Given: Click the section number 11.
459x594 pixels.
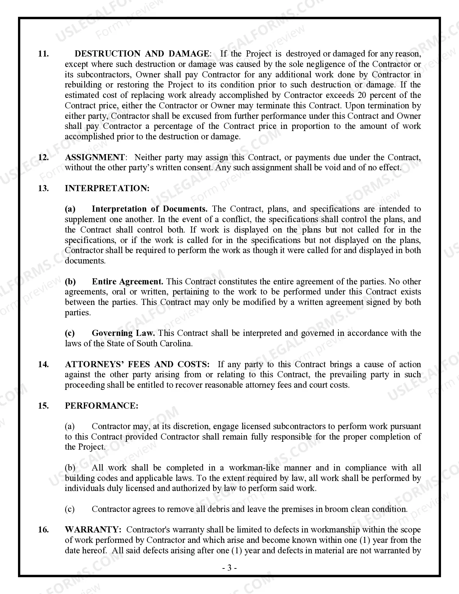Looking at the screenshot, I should click(x=43, y=54).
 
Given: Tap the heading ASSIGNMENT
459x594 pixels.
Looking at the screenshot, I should click(x=95, y=158).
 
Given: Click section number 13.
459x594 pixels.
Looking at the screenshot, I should click(x=43, y=189).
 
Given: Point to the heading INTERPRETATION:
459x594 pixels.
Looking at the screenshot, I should click(x=107, y=189).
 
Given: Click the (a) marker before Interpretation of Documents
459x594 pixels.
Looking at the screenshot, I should click(x=70, y=209).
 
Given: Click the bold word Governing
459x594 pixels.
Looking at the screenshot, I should click(x=112, y=333).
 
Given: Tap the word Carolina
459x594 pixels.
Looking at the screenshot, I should click(x=175, y=344).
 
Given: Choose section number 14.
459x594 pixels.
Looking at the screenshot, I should click(x=43, y=365).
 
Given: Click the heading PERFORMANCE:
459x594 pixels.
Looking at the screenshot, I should click(x=102, y=406).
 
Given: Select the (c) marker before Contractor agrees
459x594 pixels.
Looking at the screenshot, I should click(x=70, y=509).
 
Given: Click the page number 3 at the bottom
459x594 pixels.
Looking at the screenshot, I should click(x=229, y=568).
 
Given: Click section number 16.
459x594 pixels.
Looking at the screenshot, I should click(x=43, y=530).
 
